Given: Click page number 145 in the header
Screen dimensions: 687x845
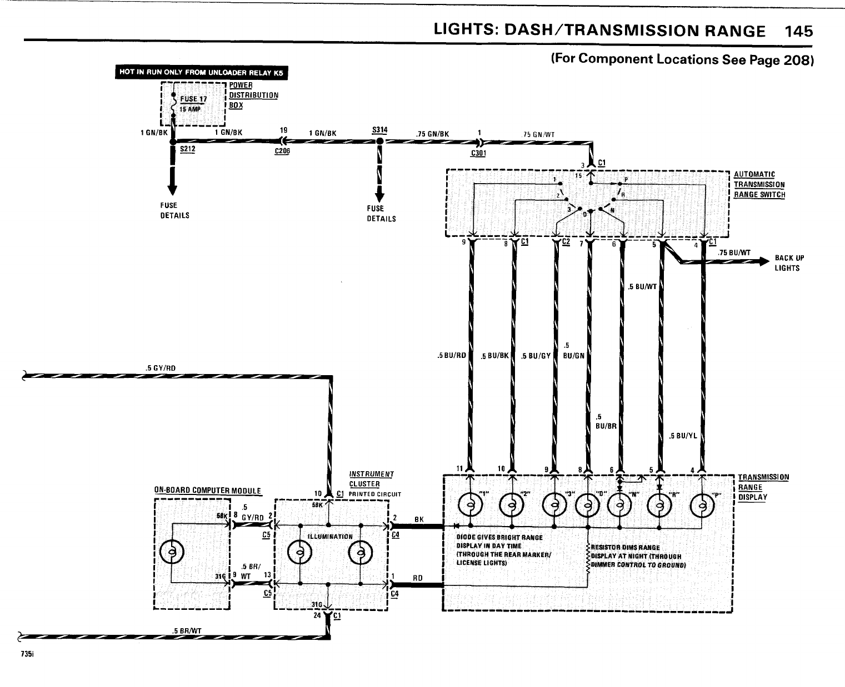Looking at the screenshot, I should click(x=798, y=32).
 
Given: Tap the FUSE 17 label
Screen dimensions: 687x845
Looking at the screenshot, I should click(x=193, y=99).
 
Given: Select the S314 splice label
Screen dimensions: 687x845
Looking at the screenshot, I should click(x=380, y=130).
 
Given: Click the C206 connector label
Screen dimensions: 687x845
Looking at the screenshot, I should click(x=282, y=151).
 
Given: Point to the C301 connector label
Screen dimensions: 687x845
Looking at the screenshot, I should click(x=478, y=153).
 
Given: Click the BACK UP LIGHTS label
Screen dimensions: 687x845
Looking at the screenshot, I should click(x=789, y=263).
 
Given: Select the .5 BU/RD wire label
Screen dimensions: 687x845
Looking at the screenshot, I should click(x=451, y=356).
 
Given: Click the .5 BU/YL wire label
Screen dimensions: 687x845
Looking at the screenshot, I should click(x=683, y=436).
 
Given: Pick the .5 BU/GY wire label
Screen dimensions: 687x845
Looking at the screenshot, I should click(x=536, y=356).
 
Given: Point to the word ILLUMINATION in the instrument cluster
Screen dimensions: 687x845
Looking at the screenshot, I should click(x=330, y=537).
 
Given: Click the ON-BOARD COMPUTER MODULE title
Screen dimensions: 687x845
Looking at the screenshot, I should click(x=207, y=491).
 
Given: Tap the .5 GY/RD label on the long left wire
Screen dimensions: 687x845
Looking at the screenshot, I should click(x=160, y=367).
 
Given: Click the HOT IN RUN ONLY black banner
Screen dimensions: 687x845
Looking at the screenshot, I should click(x=202, y=73).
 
